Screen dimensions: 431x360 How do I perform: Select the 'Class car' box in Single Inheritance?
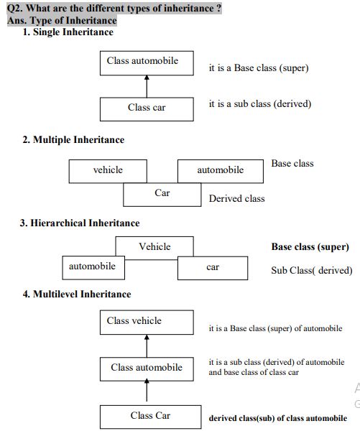point(147,108)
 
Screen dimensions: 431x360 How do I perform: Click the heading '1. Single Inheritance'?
point(68,32)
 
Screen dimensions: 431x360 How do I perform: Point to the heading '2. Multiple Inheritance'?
point(73,139)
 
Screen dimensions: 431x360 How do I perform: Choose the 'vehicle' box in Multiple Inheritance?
point(108,170)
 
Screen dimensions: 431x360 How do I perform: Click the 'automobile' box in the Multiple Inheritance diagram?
point(220,170)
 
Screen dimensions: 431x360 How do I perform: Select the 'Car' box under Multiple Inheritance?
point(162,194)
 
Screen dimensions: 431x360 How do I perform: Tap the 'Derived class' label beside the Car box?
point(236,198)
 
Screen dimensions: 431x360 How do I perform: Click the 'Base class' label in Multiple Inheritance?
point(292,163)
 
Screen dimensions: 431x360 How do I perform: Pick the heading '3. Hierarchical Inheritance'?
point(80,223)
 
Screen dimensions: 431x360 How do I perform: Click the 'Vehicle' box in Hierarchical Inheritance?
point(154,247)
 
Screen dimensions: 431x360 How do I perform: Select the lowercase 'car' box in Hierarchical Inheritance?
point(213,267)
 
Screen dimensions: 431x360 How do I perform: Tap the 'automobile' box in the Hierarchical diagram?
point(92,267)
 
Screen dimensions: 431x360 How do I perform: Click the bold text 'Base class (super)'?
point(310,246)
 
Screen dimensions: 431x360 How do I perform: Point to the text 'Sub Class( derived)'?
point(311,271)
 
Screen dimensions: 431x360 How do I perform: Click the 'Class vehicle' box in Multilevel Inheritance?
point(147,322)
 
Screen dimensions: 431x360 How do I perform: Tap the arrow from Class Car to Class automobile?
point(147,392)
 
